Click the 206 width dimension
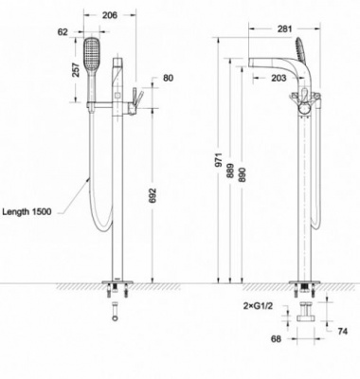(x=110, y=15)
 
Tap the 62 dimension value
(x=63, y=32)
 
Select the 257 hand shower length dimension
(x=76, y=70)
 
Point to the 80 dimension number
(x=169, y=78)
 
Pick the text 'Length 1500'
(x=27, y=211)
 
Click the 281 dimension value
(x=285, y=29)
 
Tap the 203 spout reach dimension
(x=279, y=78)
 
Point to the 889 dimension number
(x=230, y=172)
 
